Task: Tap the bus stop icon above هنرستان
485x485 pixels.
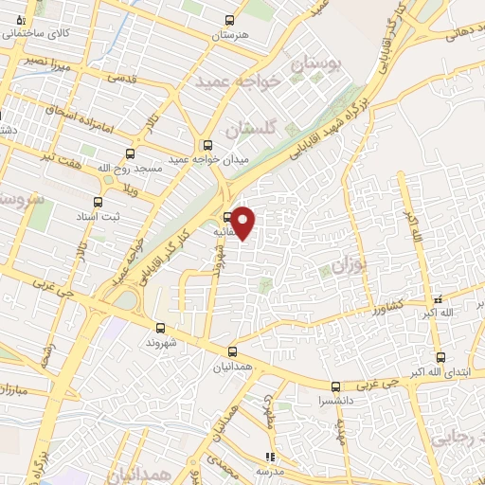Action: pos(229,20)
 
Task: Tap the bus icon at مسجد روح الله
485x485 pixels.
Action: pos(130,153)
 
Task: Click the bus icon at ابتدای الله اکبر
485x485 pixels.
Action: pos(440,357)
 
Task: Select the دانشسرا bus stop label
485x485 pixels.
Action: pos(336,401)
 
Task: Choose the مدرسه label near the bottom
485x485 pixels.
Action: pos(270,471)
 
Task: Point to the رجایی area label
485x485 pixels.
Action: pos(455,438)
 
